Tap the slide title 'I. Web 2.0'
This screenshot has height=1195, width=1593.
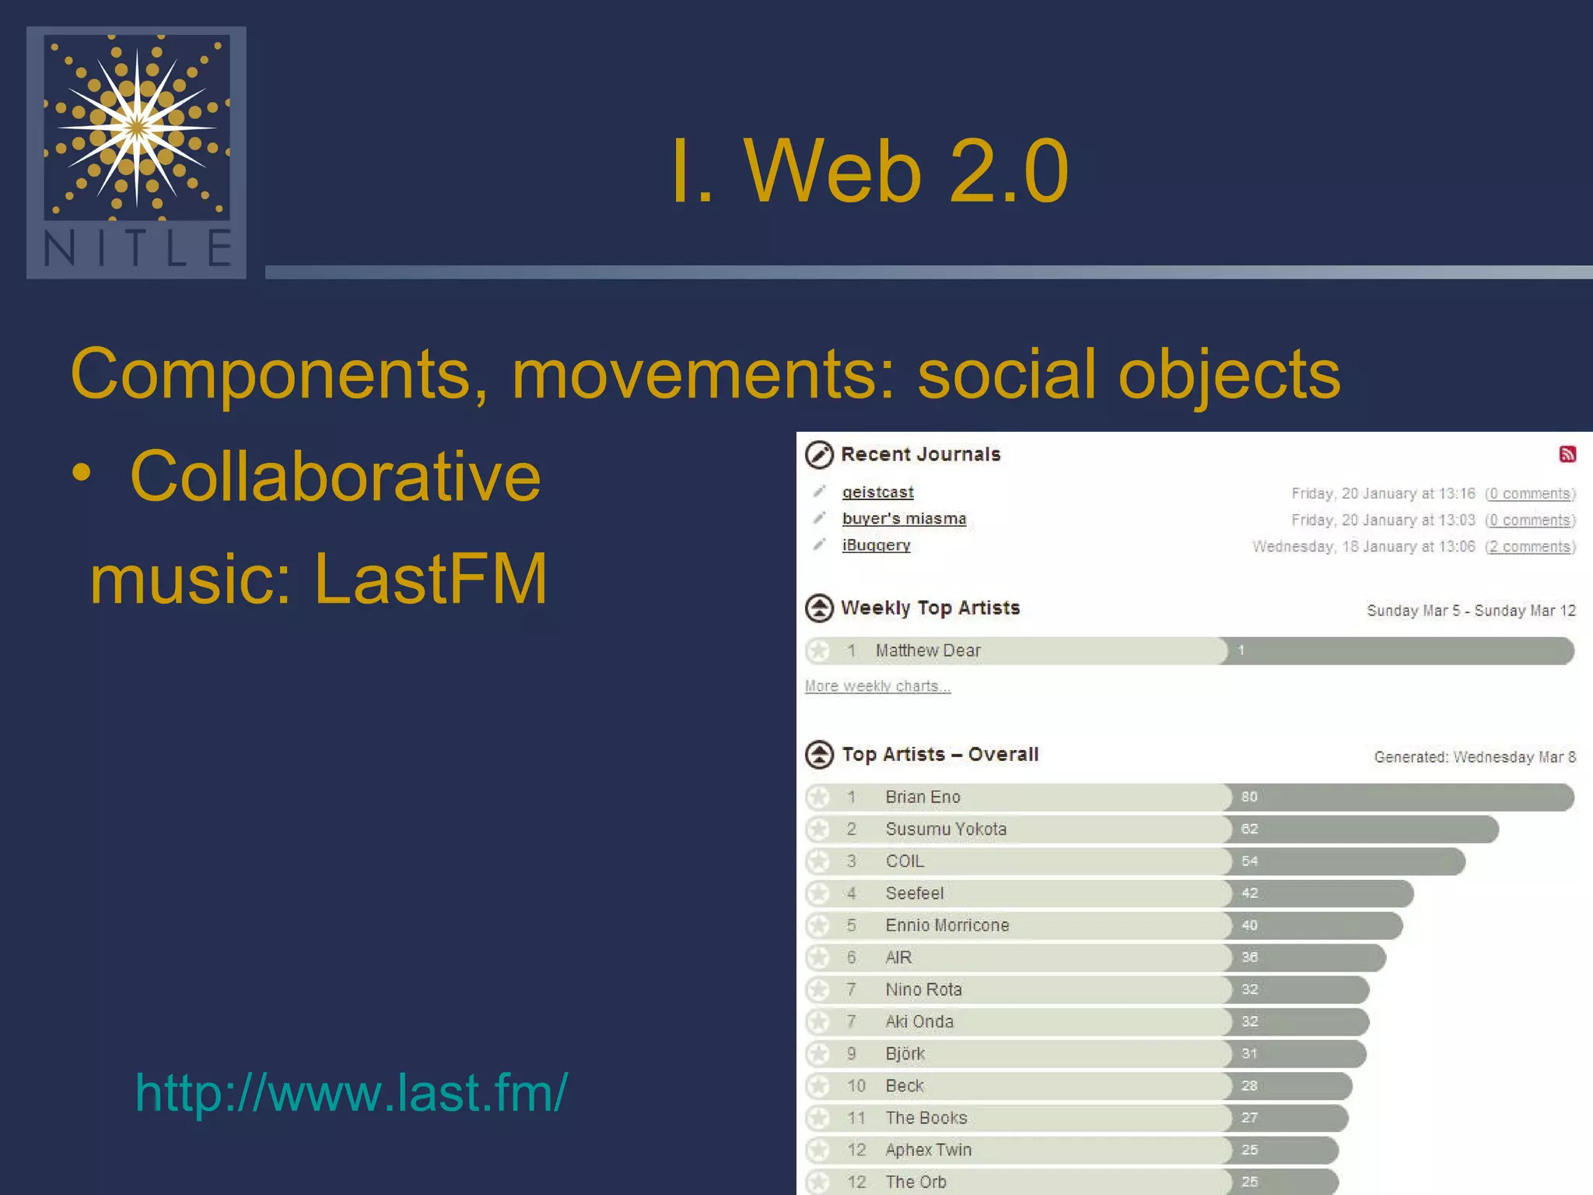pos(869,171)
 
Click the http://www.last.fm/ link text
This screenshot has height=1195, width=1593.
pos(352,1092)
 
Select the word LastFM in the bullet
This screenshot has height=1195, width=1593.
pos(431,579)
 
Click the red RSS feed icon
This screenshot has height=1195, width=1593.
pos(1567,454)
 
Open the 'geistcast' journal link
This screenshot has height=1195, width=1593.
pos(877,492)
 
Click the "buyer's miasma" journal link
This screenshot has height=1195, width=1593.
pos(904,519)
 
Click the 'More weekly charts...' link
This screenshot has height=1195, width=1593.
pos(877,686)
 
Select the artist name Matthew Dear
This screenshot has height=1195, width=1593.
pos(927,650)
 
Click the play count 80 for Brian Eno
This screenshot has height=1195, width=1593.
pos(1249,797)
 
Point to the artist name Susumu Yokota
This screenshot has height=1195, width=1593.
pos(946,829)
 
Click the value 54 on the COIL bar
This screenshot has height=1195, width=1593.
pos(1249,861)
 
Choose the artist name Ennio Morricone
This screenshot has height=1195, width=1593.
pos(947,925)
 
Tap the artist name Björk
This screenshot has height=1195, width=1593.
pos(905,1053)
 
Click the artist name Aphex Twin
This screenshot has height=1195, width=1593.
pos(928,1150)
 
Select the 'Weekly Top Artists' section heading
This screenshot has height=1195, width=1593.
pos(930,608)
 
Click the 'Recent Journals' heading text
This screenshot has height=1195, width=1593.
pos(920,454)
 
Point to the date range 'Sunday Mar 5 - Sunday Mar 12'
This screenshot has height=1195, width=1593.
pos(1471,611)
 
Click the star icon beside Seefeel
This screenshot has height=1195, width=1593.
pos(818,893)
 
